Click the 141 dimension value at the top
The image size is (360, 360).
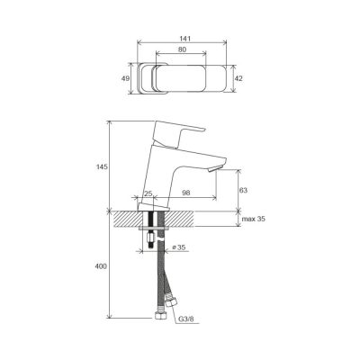pyautogui.click(x=185, y=39)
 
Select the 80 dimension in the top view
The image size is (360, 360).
pyautogui.click(x=182, y=49)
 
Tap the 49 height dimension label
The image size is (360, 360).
pyautogui.click(x=125, y=78)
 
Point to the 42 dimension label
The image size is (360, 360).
pyautogui.click(x=238, y=78)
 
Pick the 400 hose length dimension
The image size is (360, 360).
pyautogui.click(x=101, y=266)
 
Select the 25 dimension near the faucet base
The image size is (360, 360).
pyautogui.click(x=148, y=193)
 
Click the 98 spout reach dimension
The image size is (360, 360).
pyautogui.click(x=186, y=193)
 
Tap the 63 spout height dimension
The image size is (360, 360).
pyautogui.click(x=243, y=190)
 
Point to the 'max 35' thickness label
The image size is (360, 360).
pyautogui.click(x=254, y=219)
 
